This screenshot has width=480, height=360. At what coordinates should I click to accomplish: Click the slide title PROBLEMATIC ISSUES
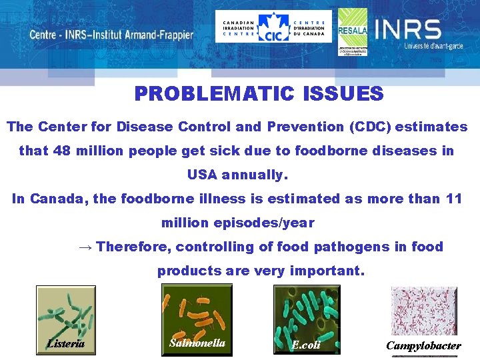coord(259,94)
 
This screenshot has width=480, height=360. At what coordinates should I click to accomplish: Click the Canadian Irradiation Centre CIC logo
coord(273,27)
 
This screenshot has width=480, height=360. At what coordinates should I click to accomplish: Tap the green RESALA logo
coord(352,31)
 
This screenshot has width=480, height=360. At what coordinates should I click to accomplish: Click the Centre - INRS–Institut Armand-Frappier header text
coord(111,35)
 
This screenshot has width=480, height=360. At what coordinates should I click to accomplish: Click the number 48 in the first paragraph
coord(62,151)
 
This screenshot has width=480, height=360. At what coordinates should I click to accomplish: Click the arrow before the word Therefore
coord(85,247)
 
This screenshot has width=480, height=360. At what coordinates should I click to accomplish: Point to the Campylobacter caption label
coord(423,346)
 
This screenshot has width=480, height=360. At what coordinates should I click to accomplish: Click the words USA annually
coord(237,175)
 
